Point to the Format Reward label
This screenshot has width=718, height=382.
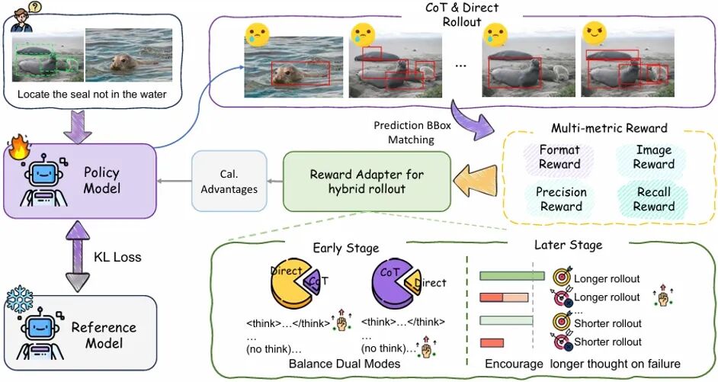click(x=559, y=156)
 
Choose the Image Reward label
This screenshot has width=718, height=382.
click(x=653, y=156)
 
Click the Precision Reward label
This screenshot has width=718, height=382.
click(x=560, y=199)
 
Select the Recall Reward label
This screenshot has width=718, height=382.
click(x=653, y=199)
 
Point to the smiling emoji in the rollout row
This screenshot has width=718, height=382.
click(x=594, y=33)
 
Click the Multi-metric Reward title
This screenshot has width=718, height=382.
click(x=609, y=128)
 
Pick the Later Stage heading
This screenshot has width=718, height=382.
click(x=569, y=246)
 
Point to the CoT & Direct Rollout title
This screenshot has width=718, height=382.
click(x=462, y=14)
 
